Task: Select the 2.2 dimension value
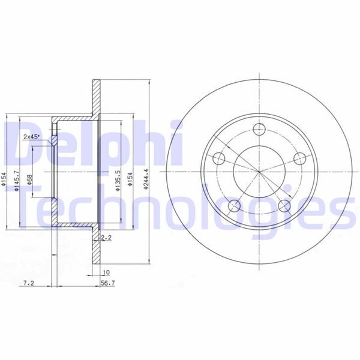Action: [x=107, y=238]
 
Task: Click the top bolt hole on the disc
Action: [x=259, y=128]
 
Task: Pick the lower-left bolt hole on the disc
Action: [x=235, y=206]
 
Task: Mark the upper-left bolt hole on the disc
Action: [x=220, y=158]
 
